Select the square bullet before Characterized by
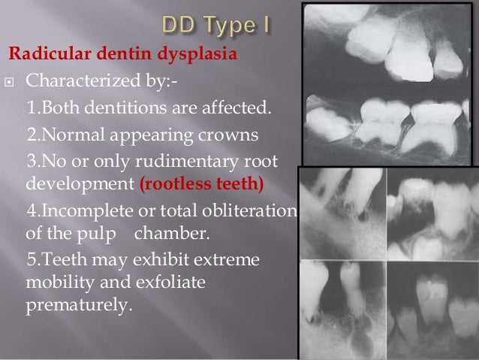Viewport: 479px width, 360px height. [x=11, y=82]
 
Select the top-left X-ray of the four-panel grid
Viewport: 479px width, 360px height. [x=342, y=211]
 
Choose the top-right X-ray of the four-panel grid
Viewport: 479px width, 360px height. [x=432, y=211]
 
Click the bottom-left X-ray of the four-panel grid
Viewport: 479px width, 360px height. [x=342, y=308]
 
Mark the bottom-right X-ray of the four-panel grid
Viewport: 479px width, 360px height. [x=432, y=308]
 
